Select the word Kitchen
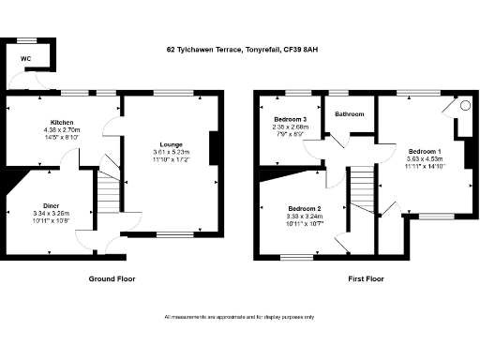pyautogui.click(x=62, y=123)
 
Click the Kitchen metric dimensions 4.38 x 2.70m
pyautogui.click(x=62, y=130)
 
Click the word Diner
pyautogui.click(x=52, y=204)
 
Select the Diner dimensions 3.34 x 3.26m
pyautogui.click(x=52, y=213)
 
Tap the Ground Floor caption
pyautogui.click(x=113, y=279)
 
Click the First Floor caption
pyautogui.click(x=362, y=279)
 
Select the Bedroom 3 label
pyautogui.click(x=290, y=119)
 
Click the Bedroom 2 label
pyautogui.click(x=305, y=208)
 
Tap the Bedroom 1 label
pyautogui.click(x=425, y=151)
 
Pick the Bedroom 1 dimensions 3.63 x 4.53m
pyautogui.click(x=425, y=159)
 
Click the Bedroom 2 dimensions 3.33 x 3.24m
pyautogui.click(x=305, y=217)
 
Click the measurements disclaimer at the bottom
pyautogui.click(x=240, y=318)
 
